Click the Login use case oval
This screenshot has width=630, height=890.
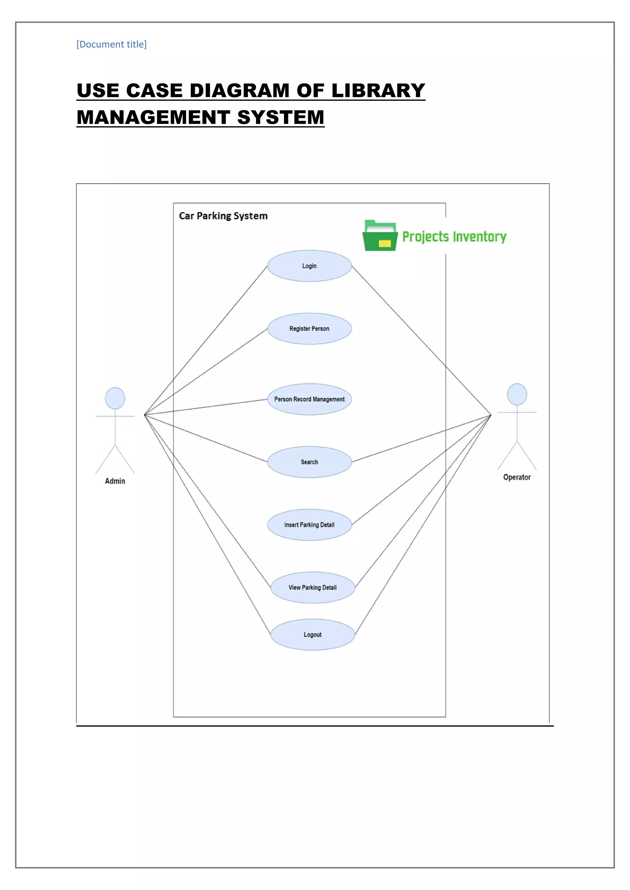click(309, 266)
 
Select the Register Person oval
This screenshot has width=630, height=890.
click(309, 329)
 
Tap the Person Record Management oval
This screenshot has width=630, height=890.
click(309, 399)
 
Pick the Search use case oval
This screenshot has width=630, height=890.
click(309, 462)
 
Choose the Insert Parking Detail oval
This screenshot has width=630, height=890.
click(309, 525)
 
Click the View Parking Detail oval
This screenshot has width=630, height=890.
click(312, 588)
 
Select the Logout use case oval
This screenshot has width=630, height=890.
click(312, 635)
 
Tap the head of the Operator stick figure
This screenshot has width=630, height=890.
click(517, 394)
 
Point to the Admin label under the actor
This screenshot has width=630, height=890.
click(115, 481)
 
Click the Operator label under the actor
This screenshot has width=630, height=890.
click(517, 477)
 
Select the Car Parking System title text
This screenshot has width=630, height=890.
click(223, 216)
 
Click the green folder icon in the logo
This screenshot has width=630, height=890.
click(380, 236)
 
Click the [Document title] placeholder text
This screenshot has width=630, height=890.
click(111, 44)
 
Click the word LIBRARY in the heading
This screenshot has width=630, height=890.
click(378, 91)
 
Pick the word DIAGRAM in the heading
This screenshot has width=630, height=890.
click(239, 91)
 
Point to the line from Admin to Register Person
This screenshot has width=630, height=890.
click(205, 372)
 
